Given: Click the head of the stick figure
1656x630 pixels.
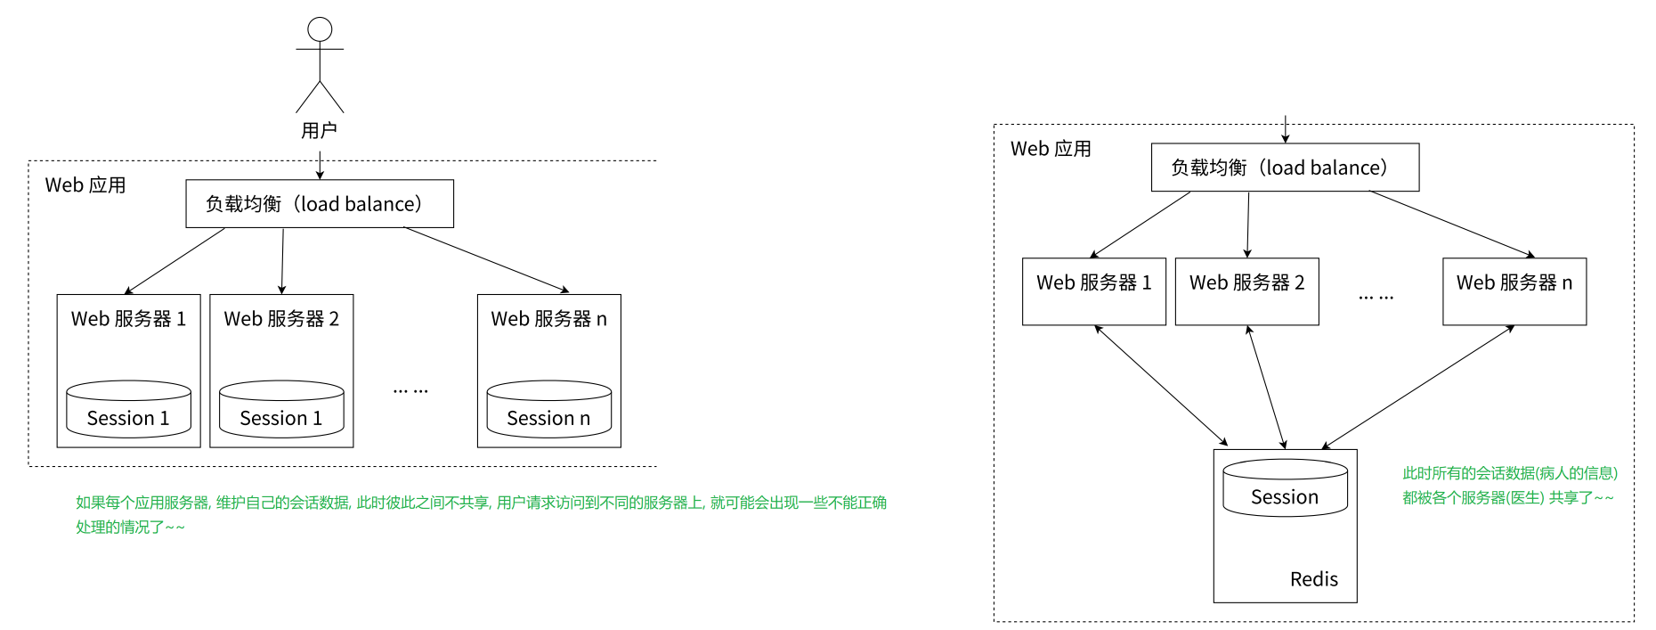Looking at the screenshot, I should [320, 29].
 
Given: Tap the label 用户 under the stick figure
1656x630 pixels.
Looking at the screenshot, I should [319, 131].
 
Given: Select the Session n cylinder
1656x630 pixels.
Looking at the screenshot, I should [548, 409].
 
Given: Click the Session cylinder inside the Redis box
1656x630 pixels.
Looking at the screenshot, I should [1285, 487].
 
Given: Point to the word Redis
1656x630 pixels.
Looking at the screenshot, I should [1313, 579].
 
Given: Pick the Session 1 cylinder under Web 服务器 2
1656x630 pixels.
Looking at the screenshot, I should [281, 409].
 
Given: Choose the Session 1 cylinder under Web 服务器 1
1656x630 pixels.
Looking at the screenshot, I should [128, 409].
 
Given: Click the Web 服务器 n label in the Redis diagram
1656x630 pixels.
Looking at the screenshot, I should [1514, 282].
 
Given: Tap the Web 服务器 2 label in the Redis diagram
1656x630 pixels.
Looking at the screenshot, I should [1246, 282].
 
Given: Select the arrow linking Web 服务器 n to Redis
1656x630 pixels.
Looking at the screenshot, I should [1418, 387].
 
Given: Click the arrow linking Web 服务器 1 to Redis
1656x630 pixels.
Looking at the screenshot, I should [1161, 386].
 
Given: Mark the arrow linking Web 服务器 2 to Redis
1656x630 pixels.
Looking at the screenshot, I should [1266, 387].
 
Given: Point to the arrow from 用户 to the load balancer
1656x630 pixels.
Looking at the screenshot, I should [320, 165].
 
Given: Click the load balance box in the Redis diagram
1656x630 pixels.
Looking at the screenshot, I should [1284, 168].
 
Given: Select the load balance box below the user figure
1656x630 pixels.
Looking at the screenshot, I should [319, 204].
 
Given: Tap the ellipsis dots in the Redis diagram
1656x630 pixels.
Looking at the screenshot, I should [1376, 298].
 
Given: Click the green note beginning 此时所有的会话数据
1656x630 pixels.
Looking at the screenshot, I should [1509, 486].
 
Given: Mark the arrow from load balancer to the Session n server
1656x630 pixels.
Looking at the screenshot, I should [486, 259].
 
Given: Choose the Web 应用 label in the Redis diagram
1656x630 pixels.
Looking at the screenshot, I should [1051, 149].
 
